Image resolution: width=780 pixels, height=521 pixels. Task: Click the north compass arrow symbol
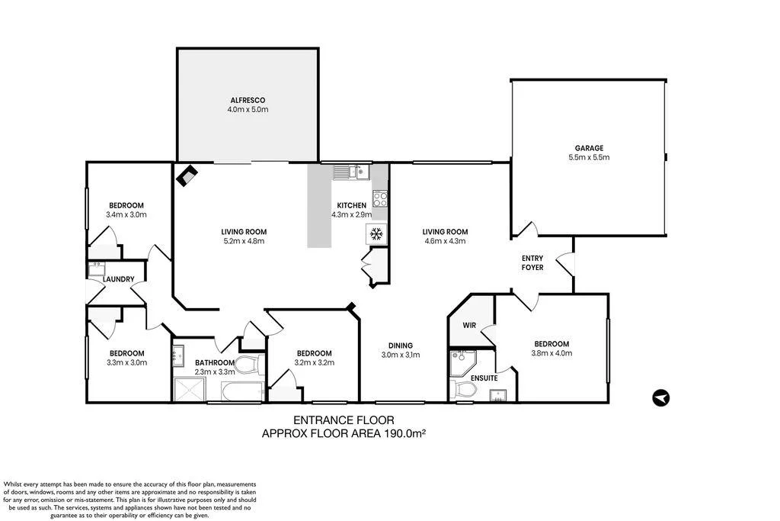[x=661, y=397]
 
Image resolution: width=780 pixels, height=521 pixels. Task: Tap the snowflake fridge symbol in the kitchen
[x=376, y=233]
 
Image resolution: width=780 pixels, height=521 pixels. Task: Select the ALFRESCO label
[x=248, y=100]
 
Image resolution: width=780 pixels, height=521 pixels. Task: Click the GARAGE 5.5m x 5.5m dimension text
[x=589, y=157]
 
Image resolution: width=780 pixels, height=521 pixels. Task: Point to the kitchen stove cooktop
[x=379, y=200]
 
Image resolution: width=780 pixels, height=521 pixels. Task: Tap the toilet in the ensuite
[x=464, y=390]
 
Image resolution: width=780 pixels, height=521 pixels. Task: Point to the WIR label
[x=470, y=325]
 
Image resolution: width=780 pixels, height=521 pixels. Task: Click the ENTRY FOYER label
[x=532, y=263]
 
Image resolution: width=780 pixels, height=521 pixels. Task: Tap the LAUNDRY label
[x=120, y=279]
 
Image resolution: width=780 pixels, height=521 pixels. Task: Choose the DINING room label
[x=401, y=344]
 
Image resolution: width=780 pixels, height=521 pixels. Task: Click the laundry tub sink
[x=97, y=268]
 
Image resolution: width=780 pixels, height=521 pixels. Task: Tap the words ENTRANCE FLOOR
[x=344, y=420]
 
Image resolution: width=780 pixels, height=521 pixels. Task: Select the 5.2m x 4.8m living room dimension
[x=244, y=241]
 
